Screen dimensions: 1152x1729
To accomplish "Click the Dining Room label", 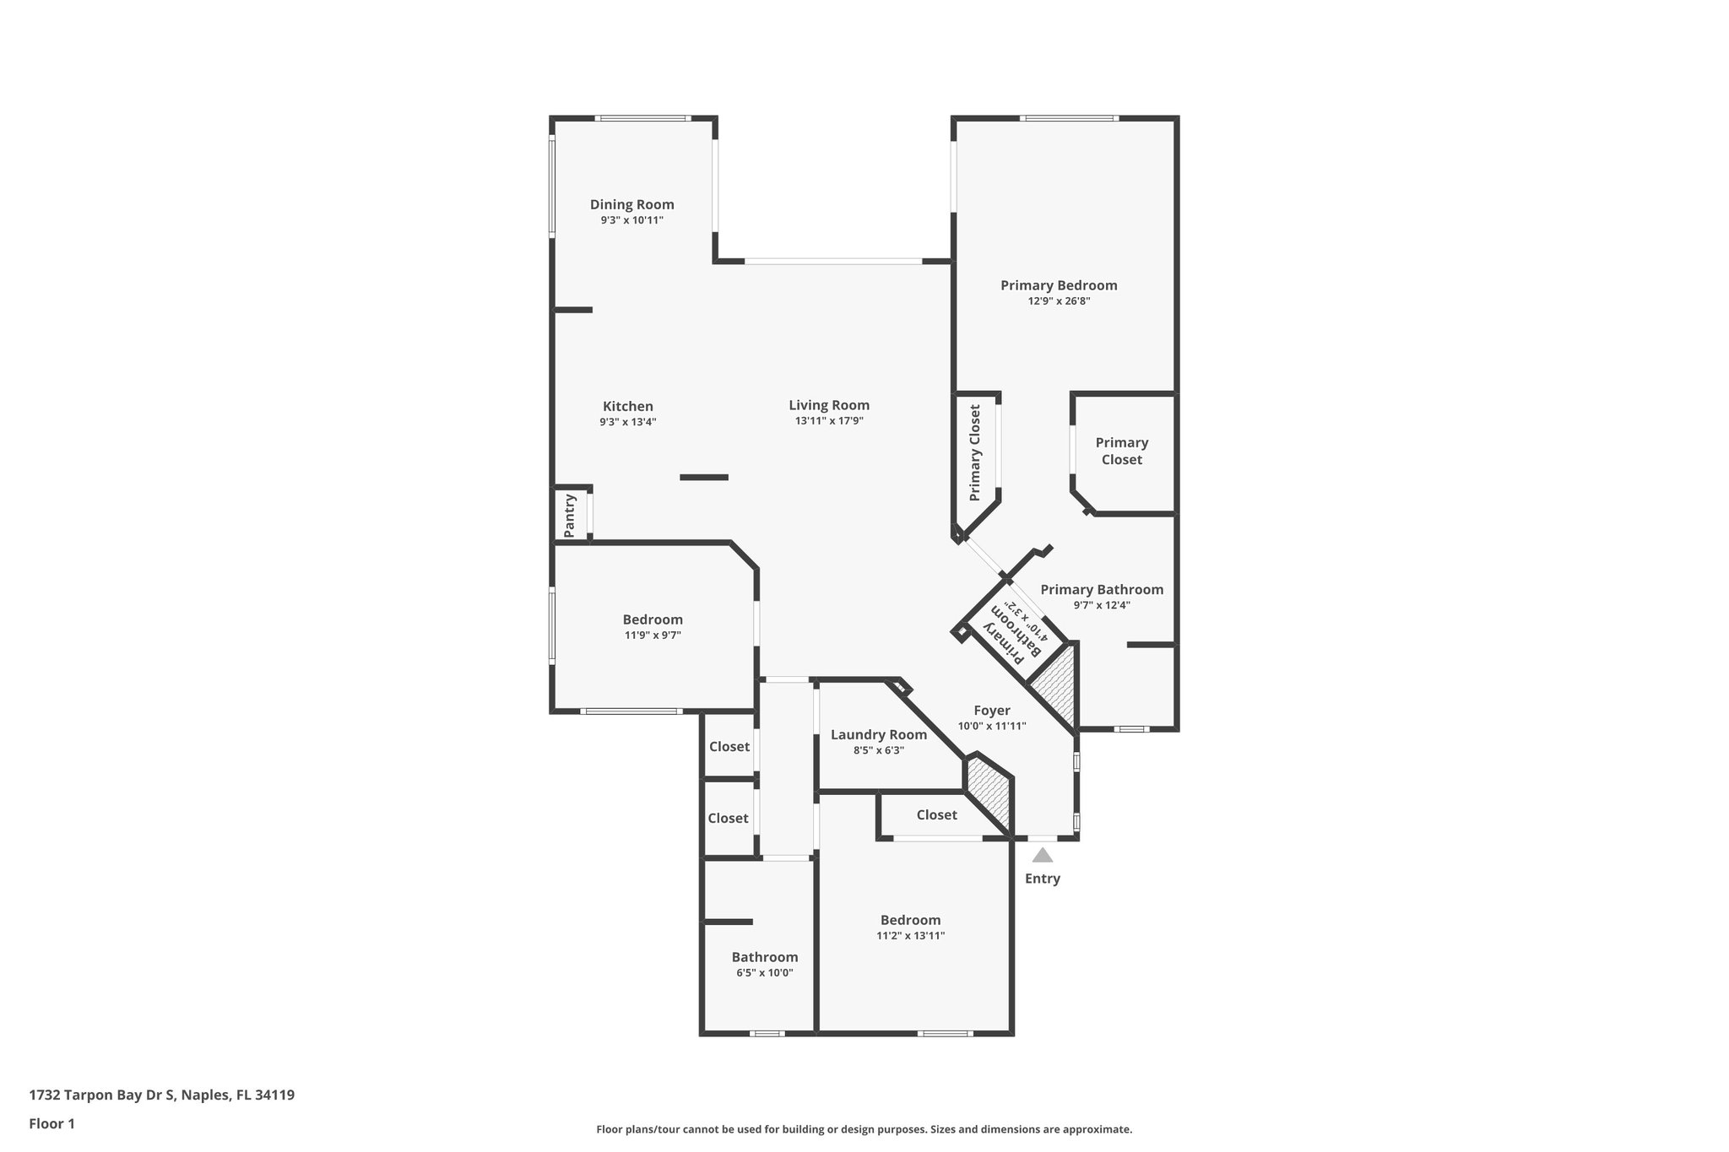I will pos(631,204).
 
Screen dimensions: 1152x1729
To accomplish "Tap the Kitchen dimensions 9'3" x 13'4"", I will pos(627,422).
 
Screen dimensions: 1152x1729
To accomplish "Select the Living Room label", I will pos(828,405).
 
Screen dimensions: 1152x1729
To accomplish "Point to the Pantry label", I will pos(570,515).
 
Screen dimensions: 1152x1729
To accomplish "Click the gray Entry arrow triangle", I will pos(1043,856).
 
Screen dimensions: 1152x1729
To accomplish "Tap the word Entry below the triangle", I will pos(1042,879).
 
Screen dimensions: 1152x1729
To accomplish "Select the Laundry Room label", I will pos(878,734).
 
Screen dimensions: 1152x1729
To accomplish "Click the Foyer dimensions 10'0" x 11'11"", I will pos(991,726).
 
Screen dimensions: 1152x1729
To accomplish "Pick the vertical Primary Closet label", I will pos(975,453).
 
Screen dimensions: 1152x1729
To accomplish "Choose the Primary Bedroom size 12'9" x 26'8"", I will pos(1059,301).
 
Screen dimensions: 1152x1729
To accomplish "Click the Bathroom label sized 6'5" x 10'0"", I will pos(764,957).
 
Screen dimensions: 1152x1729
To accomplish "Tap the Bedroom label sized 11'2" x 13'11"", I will pos(910,920).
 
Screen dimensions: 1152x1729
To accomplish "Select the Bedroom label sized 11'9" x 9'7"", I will pos(653,619).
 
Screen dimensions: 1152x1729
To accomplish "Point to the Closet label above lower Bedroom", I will pos(936,814).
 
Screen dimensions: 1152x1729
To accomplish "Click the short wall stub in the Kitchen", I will pos(703,478).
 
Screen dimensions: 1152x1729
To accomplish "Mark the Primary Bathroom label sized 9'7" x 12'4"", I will pos(1101,590).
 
